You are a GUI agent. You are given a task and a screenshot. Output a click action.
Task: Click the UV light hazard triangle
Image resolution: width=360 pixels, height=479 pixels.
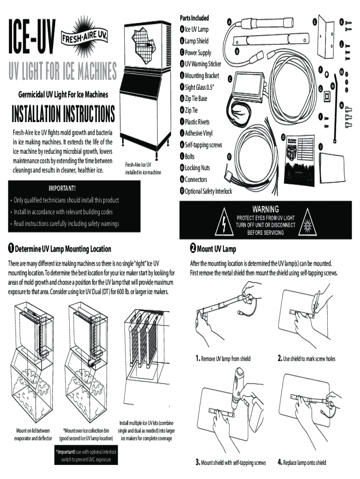[307, 224]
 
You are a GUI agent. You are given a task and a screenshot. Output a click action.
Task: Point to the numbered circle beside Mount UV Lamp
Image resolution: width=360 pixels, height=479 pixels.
[192, 248]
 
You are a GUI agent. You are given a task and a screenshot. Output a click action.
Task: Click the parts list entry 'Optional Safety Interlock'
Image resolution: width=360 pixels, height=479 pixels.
[208, 191]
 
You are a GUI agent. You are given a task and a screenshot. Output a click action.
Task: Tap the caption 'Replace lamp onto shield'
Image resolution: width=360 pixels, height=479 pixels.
[304, 463]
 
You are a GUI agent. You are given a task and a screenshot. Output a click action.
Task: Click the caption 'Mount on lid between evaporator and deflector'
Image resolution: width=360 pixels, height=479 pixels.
[33, 435]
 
